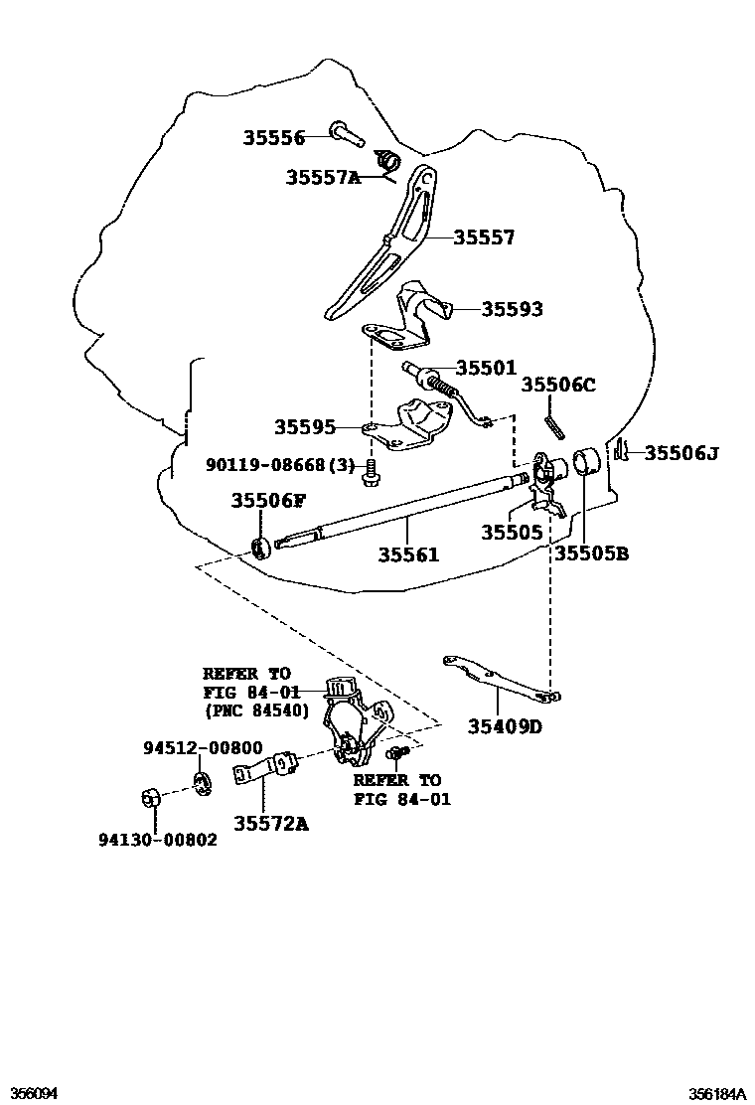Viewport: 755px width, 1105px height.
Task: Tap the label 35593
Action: pyautogui.click(x=512, y=310)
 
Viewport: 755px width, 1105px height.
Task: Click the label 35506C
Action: pyautogui.click(x=558, y=386)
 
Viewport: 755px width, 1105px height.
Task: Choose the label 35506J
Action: pyautogui.click(x=680, y=453)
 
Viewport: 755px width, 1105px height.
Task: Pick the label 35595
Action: pyautogui.click(x=304, y=427)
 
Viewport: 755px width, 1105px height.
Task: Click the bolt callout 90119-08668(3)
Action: pyautogui.click(x=280, y=464)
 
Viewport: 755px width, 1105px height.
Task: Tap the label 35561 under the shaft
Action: pyautogui.click(x=407, y=554)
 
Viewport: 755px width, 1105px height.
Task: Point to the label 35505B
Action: pyautogui.click(x=591, y=554)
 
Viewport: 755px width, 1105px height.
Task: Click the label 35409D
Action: pyautogui.click(x=505, y=726)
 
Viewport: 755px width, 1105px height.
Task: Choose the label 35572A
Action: pyautogui.click(x=271, y=822)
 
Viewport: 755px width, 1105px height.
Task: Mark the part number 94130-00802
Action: pyautogui.click(x=157, y=840)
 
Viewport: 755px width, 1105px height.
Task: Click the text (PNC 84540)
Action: pyautogui.click(x=256, y=711)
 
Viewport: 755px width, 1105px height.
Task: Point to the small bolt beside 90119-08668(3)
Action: pyautogui.click(x=372, y=472)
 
